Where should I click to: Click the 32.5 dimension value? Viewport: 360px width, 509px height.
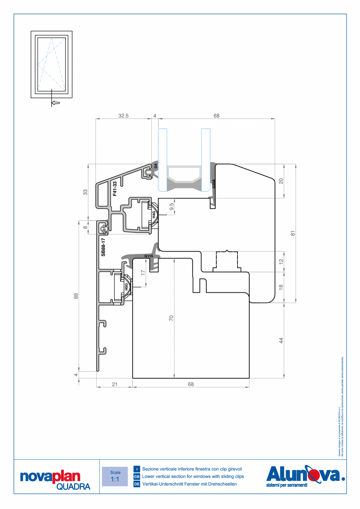[x=124, y=116]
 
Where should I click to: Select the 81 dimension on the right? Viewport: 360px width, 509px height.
[x=292, y=233]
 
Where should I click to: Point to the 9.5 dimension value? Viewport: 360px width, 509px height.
[x=171, y=206]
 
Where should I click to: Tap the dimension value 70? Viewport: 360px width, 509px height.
[x=171, y=318]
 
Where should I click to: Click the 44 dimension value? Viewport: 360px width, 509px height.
[x=281, y=340]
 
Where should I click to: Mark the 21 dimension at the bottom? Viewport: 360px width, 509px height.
[x=115, y=384]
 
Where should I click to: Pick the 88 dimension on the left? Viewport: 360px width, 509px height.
[x=76, y=296]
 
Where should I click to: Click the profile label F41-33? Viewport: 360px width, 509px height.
[x=115, y=189]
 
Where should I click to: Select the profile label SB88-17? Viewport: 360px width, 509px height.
[x=103, y=247]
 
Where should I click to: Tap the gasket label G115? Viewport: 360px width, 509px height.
[x=149, y=256]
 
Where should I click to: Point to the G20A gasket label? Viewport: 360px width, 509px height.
[x=214, y=184]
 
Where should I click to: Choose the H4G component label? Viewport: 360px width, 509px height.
[x=154, y=214]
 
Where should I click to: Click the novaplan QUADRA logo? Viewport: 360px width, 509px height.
[x=55, y=479]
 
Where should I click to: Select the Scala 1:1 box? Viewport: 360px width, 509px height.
[x=115, y=476]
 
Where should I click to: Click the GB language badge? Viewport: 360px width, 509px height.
[x=137, y=477]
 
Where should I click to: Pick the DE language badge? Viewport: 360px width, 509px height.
[x=137, y=484]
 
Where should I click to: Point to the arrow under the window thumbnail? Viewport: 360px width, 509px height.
[x=56, y=103]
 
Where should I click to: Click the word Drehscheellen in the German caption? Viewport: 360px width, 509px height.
[x=220, y=484]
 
